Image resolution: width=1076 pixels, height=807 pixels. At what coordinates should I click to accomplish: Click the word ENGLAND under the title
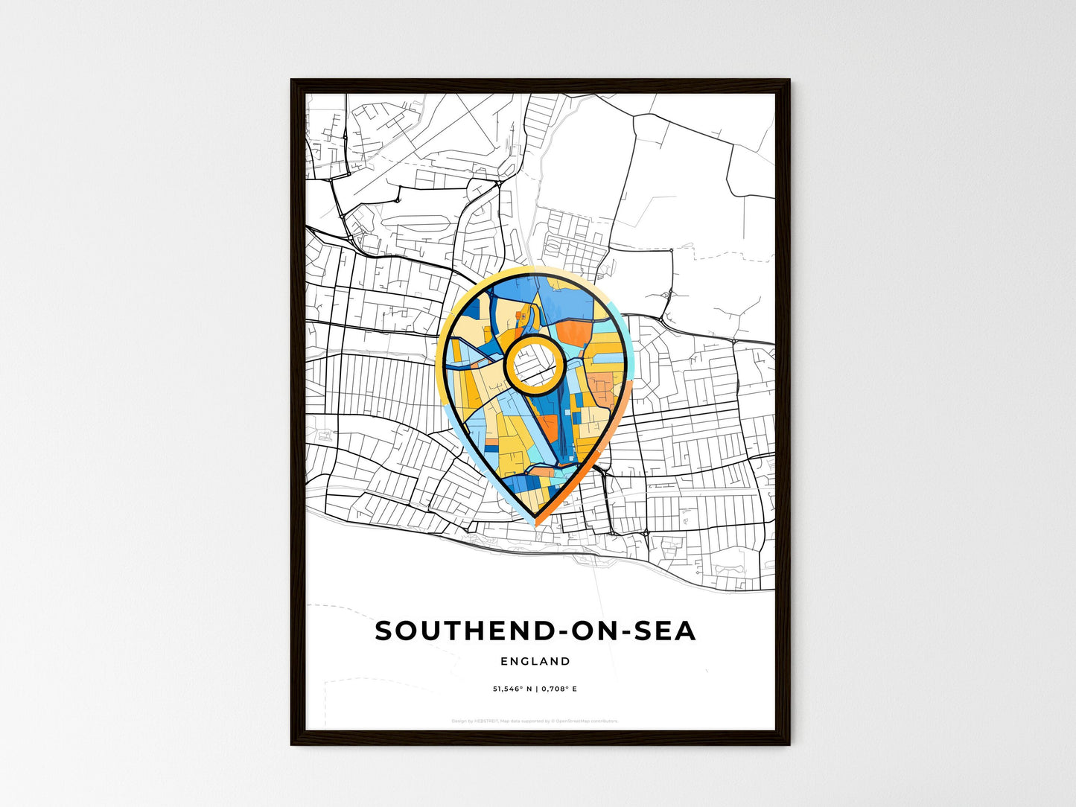coord(535,661)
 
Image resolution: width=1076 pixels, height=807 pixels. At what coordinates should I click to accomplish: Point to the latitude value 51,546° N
coord(512,689)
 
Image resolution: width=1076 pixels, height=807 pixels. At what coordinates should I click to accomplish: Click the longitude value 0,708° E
coord(558,689)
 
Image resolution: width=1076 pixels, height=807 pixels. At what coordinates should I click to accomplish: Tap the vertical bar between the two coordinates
coord(535,689)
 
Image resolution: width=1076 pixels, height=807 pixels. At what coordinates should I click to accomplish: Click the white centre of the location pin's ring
coord(533,365)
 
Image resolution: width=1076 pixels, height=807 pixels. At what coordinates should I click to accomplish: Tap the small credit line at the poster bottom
coord(535,721)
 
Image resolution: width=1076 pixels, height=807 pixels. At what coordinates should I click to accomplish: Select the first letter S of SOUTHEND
coord(384,631)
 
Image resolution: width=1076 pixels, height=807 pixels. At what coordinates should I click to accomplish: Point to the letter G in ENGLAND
coord(526,661)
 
